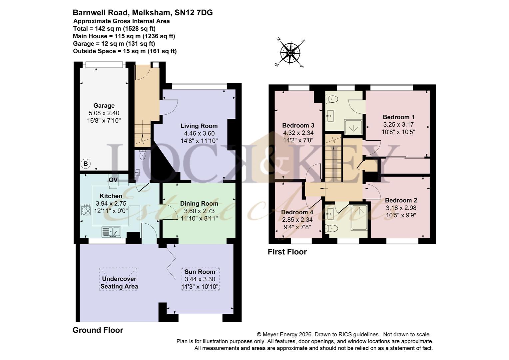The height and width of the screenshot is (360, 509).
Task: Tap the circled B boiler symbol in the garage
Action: click(85, 164)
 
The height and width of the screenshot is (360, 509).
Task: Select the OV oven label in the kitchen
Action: click(113, 180)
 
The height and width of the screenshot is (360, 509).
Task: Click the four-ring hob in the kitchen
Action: click(86, 210)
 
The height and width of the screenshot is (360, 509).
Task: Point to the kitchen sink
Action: click(111, 232)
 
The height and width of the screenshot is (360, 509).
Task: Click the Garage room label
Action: click(104, 106)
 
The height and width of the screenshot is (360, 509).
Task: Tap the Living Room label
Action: click(199, 126)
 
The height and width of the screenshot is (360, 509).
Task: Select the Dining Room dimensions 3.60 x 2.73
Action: click(199, 211)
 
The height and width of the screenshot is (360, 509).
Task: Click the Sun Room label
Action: click(200, 272)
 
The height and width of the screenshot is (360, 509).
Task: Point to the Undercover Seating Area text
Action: click(119, 283)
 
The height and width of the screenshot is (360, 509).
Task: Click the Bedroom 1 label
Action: click(398, 117)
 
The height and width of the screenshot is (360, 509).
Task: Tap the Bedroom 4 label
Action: click(297, 212)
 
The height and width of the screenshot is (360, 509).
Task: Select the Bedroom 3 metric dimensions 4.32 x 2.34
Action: click(298, 133)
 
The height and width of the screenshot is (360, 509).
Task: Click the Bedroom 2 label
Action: click(401, 200)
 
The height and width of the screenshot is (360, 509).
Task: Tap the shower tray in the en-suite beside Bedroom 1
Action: click(353, 127)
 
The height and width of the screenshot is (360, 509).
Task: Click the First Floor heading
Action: click(287, 252)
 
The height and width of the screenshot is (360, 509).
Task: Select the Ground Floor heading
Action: click(98, 330)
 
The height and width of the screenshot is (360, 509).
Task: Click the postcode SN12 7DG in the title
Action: click(194, 13)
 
